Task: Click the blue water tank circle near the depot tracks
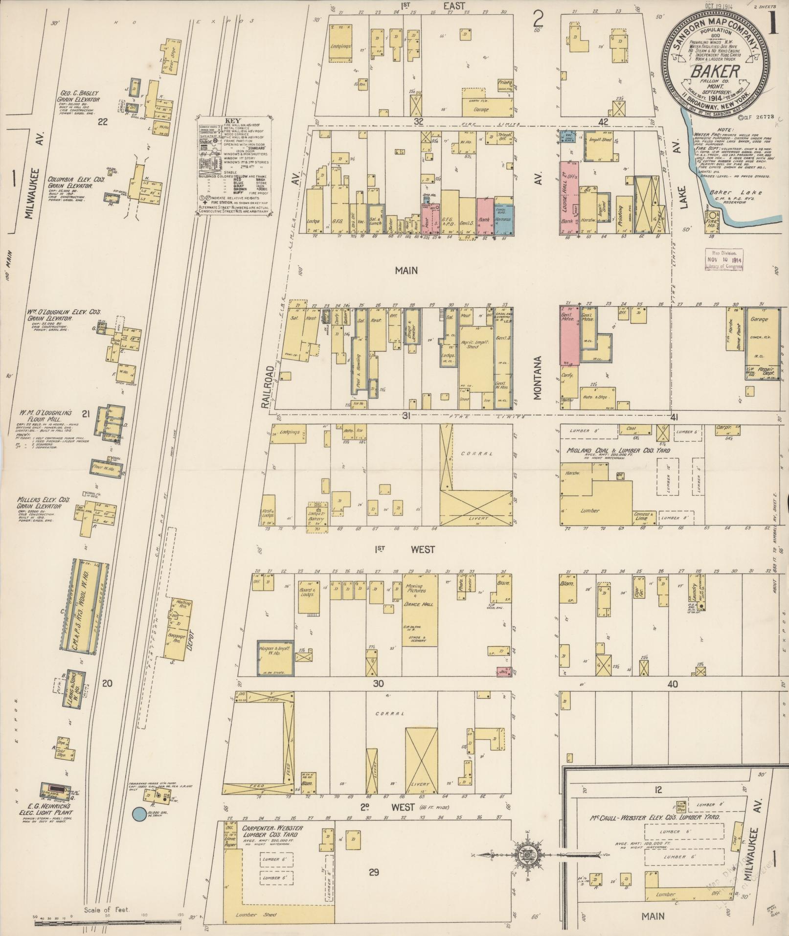139,814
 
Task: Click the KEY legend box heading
233,120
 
